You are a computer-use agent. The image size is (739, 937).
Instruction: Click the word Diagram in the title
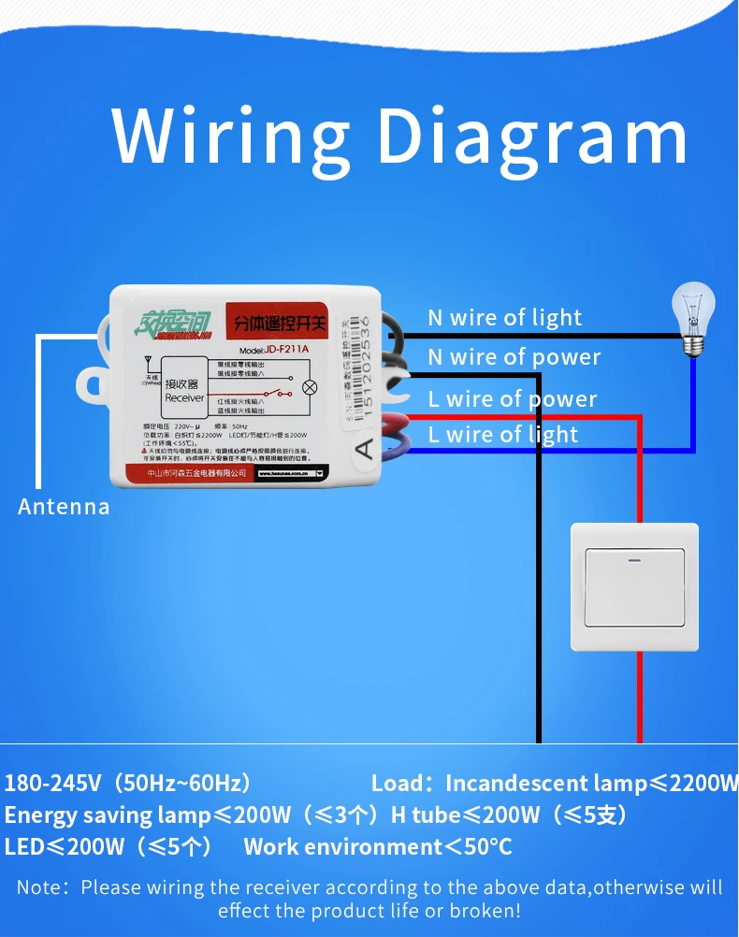click(x=532, y=138)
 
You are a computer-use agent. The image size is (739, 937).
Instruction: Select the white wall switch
click(x=634, y=586)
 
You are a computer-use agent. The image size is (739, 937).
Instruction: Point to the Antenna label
click(x=64, y=507)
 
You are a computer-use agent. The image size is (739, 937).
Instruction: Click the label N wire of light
click(x=504, y=318)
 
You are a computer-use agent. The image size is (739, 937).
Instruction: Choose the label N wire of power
click(x=514, y=357)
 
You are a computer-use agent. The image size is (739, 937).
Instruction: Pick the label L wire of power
click(x=512, y=399)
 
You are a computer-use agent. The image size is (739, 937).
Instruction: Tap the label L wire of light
click(x=502, y=435)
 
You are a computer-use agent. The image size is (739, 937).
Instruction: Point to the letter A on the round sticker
click(x=366, y=449)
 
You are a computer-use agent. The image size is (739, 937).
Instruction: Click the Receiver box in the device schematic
click(x=184, y=391)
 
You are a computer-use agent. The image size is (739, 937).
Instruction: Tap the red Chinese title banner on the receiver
click(x=277, y=324)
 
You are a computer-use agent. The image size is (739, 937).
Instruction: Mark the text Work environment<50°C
click(x=377, y=847)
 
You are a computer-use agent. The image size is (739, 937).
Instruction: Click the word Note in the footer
click(x=39, y=887)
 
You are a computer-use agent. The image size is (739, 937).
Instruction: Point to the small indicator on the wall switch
click(x=634, y=562)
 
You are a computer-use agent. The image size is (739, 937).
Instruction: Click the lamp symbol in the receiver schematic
click(x=311, y=387)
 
